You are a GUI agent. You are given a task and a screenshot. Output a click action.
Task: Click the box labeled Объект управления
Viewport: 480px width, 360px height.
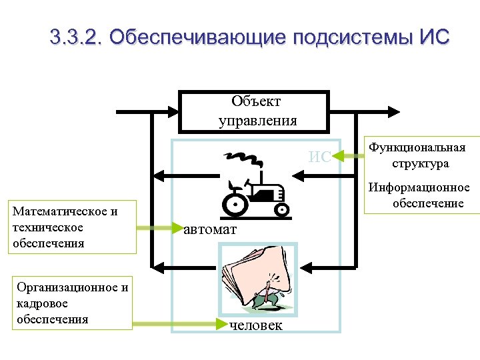tap(257, 111)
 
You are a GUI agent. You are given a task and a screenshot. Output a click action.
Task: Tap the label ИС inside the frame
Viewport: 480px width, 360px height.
tap(319, 157)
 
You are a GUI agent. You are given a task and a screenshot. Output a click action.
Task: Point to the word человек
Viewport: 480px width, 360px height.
tap(255, 325)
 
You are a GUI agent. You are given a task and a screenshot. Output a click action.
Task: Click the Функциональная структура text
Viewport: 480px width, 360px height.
tap(418, 155)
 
